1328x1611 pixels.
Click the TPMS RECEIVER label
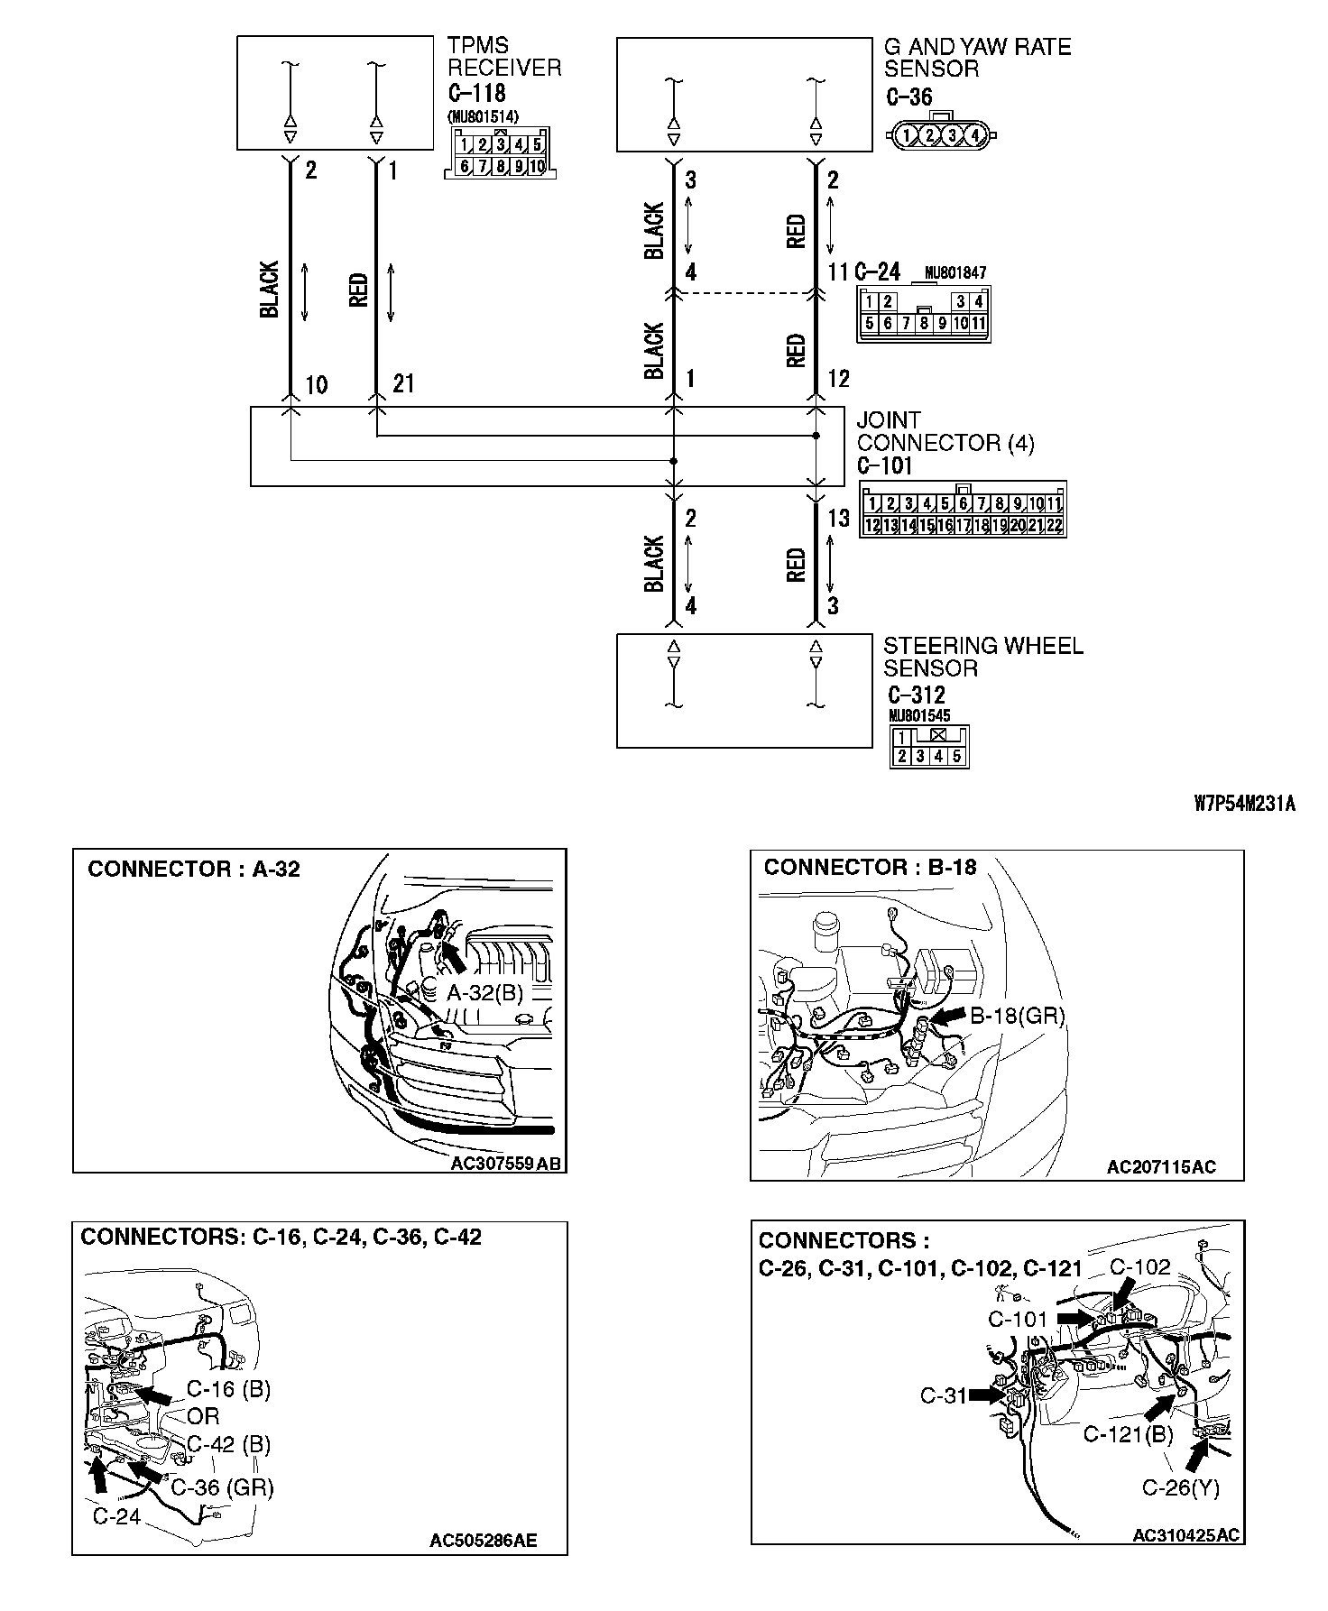click(x=504, y=57)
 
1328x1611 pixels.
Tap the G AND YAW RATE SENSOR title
click(x=977, y=58)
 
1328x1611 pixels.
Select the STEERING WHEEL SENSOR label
click(x=982, y=657)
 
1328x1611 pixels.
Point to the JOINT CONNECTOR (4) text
click(x=945, y=431)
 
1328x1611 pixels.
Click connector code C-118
click(x=476, y=93)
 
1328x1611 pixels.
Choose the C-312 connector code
click(x=916, y=695)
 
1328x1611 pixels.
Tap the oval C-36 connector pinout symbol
click(x=942, y=134)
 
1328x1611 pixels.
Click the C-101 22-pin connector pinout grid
click(x=963, y=514)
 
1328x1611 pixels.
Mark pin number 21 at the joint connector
click(x=403, y=384)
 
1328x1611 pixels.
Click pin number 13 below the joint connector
click(x=838, y=518)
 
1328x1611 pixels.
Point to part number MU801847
click(x=955, y=272)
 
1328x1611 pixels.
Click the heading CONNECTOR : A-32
click(x=194, y=870)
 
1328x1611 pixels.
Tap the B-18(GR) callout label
click(x=1017, y=1016)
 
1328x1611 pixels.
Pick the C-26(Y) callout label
click(x=1180, y=1487)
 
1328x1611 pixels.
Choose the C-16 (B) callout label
click(x=228, y=1389)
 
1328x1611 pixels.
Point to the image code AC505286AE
click(x=483, y=1540)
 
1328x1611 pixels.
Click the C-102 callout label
click(x=1139, y=1266)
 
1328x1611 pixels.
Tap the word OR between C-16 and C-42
click(x=204, y=1416)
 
